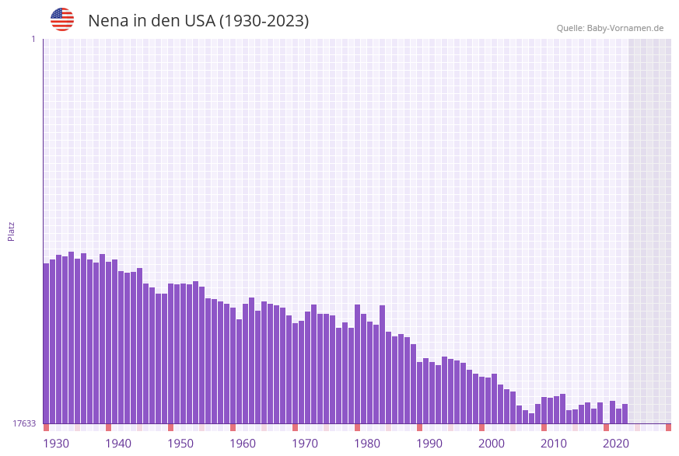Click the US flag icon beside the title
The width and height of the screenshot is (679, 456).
[x=62, y=19]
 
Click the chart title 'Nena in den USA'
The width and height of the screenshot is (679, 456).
[x=198, y=21]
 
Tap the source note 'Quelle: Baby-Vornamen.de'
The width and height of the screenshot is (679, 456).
[x=610, y=28]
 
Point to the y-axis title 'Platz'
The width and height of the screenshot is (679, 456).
[x=11, y=231]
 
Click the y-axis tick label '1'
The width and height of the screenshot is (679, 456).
[x=33, y=39]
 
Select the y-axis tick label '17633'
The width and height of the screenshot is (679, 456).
[x=23, y=423]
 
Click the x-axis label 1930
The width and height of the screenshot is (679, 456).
[x=56, y=444]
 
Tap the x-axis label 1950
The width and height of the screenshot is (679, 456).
[x=180, y=444]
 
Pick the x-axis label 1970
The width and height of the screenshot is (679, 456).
[x=305, y=444]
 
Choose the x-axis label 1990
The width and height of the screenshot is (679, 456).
[x=429, y=444]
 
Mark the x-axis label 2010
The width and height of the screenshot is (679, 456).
[x=554, y=444]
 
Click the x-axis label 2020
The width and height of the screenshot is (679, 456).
[x=616, y=444]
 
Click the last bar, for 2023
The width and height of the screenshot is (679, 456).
[x=625, y=413]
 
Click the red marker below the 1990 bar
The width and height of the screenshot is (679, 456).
[x=419, y=427]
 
